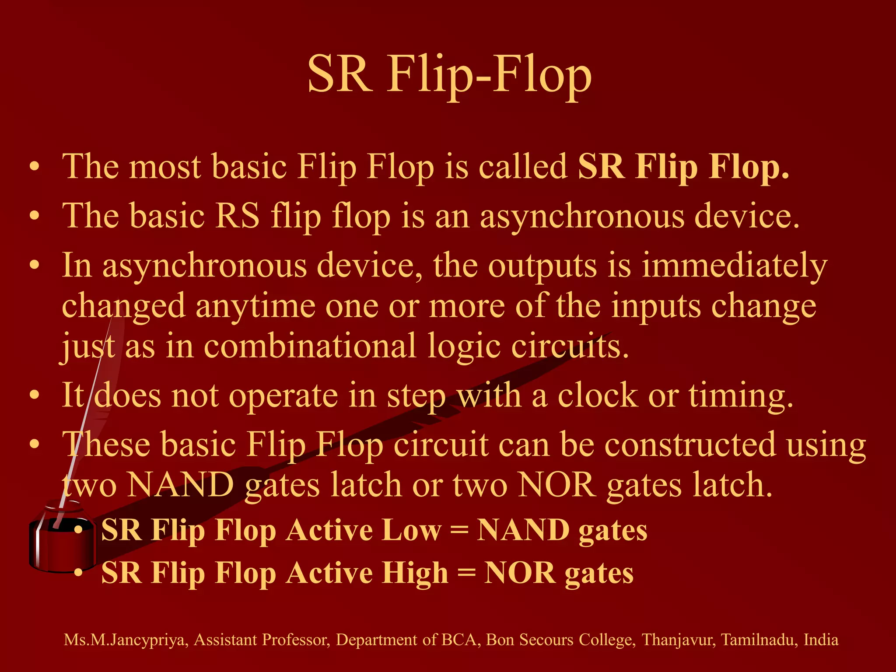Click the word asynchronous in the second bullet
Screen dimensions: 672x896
(582, 216)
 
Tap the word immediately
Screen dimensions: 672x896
(734, 266)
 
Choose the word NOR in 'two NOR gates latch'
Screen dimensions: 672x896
(556, 485)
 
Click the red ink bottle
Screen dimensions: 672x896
(61, 542)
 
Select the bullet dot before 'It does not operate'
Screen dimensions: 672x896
(35, 395)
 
